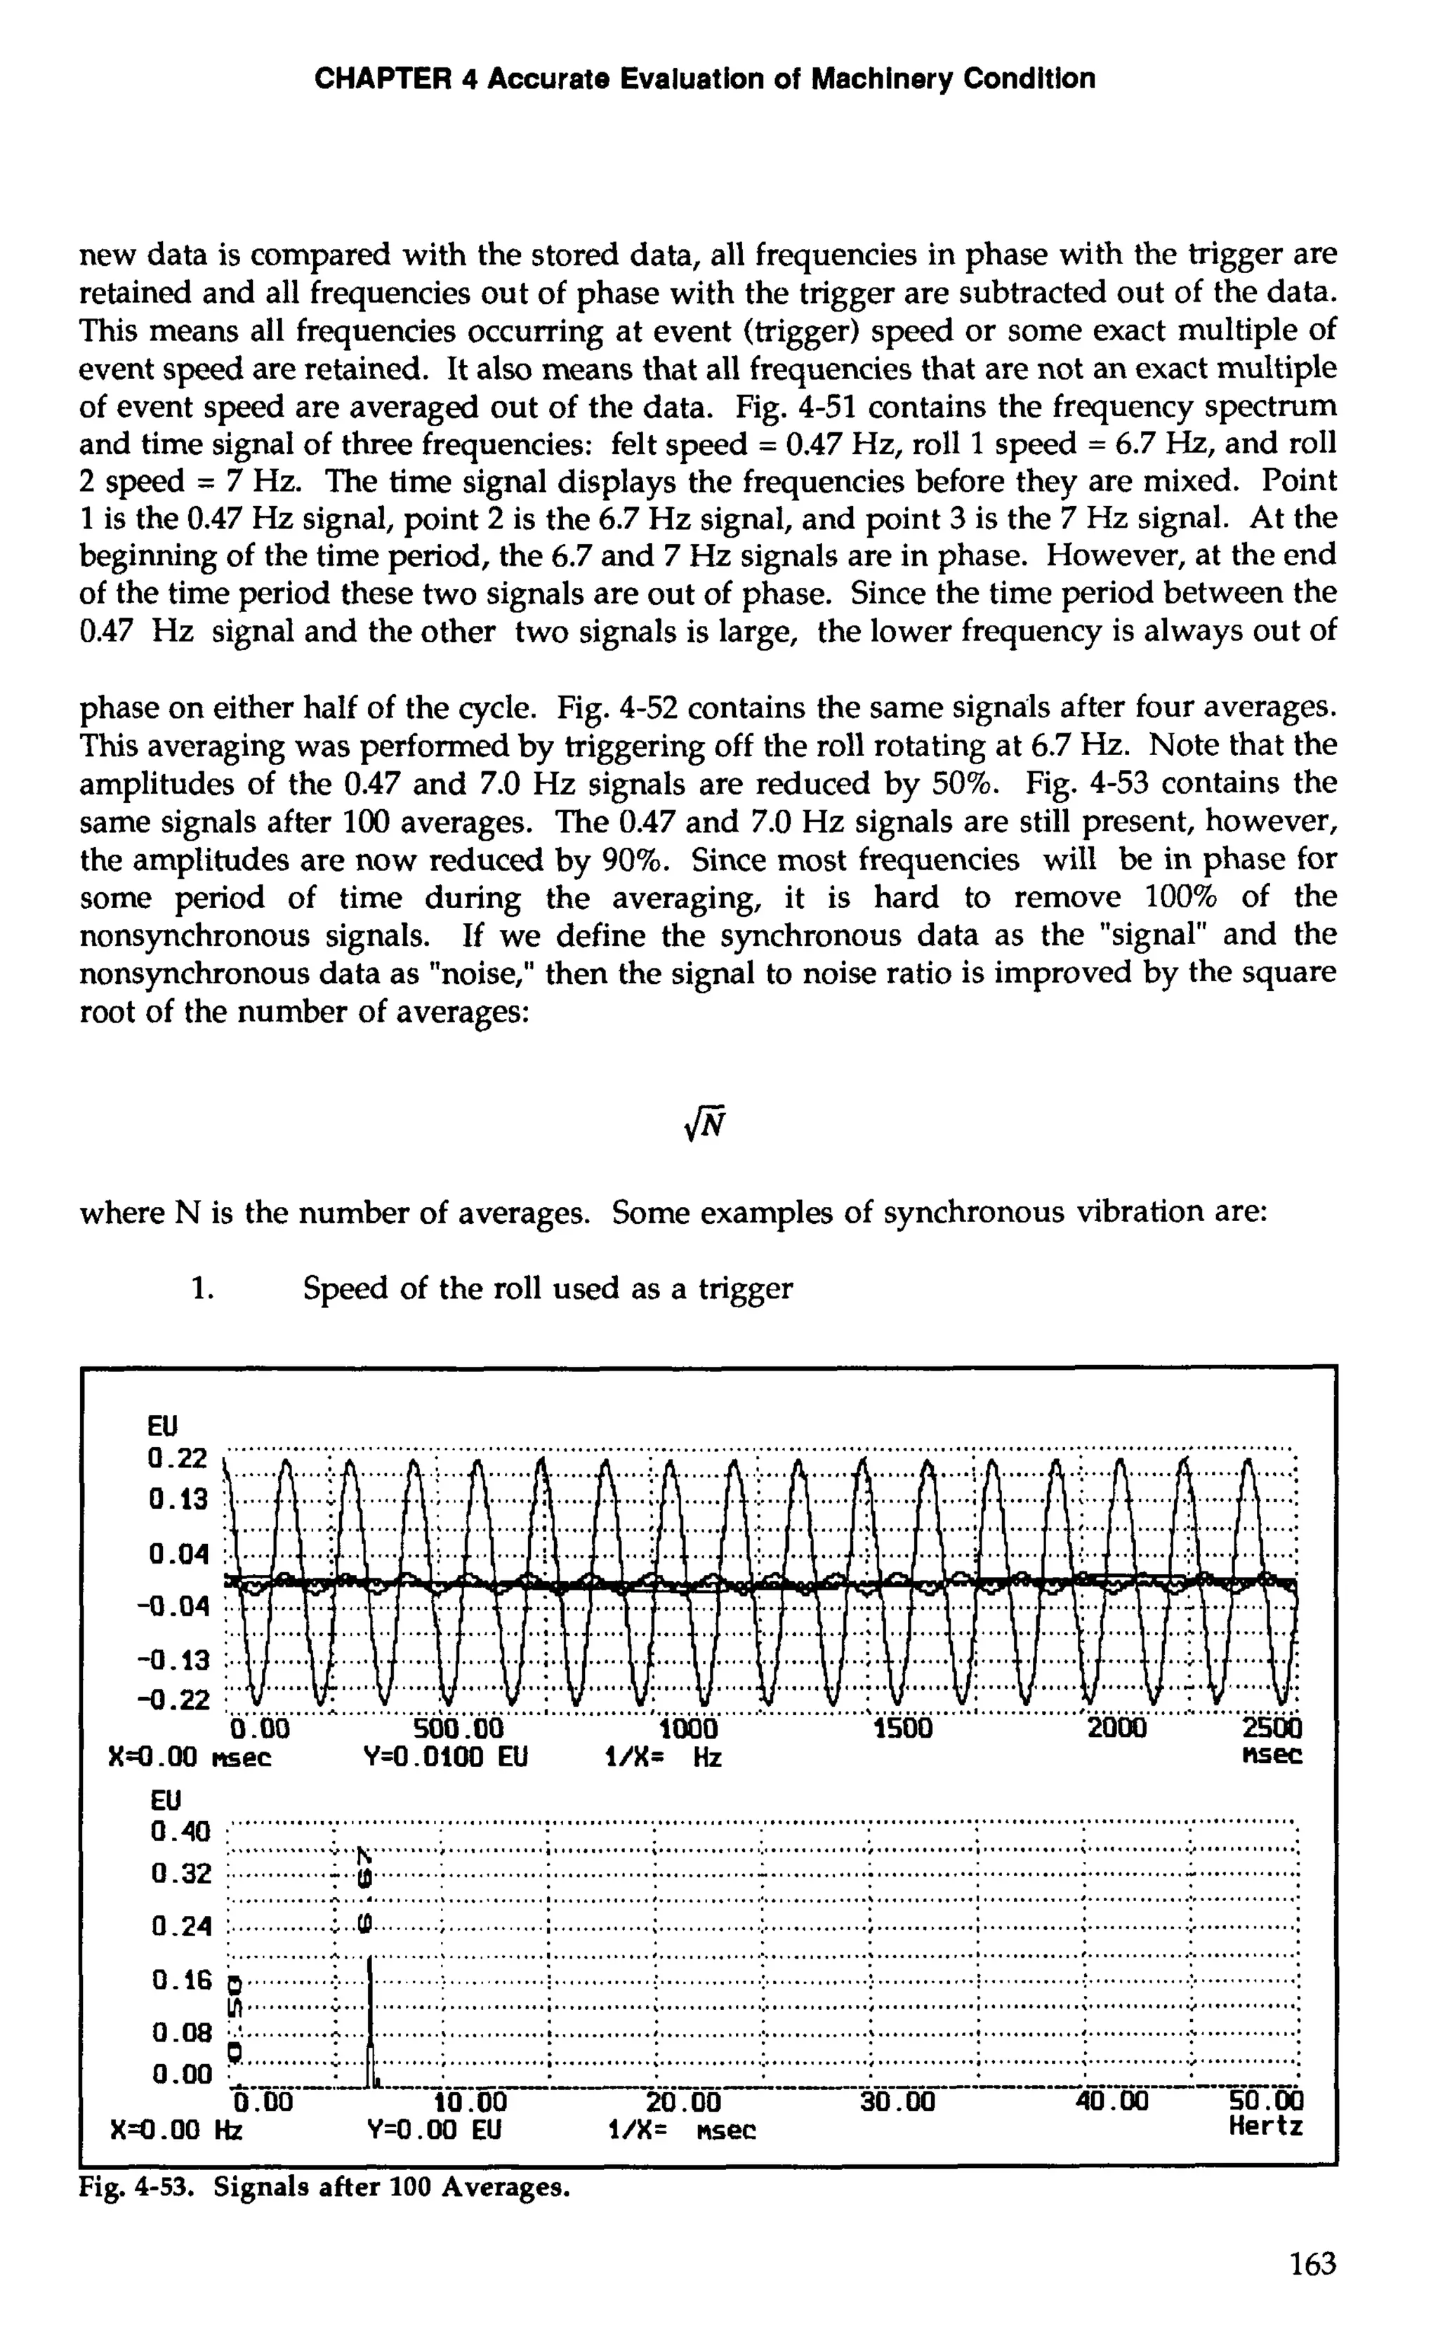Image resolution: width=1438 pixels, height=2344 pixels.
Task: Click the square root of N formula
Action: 705,1126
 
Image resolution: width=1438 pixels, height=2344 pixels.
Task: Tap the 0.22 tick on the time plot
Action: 177,1459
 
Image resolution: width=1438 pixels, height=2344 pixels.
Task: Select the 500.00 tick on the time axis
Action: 460,1726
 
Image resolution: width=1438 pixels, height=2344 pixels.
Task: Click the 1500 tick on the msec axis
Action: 902,1726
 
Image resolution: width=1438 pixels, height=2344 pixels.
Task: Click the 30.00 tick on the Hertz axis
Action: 897,2100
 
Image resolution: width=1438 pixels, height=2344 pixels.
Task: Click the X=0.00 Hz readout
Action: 175,2128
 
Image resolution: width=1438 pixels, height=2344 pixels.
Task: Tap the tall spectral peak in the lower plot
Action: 369,2007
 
